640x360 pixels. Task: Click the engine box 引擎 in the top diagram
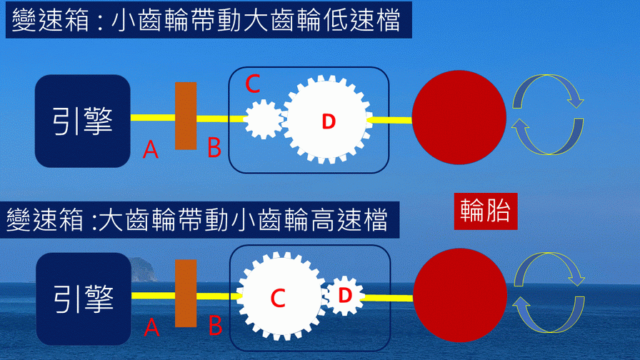[83, 121]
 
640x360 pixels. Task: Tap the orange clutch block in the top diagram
[186, 116]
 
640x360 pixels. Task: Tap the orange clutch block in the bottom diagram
[186, 294]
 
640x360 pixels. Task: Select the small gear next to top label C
[263, 119]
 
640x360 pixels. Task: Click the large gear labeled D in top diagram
[327, 121]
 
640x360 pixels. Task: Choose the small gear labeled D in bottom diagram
[346, 295]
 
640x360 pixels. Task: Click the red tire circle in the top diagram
[459, 119]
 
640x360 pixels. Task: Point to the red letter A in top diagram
[150, 149]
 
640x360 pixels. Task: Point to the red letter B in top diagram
[214, 148]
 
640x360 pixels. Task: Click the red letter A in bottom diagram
[151, 327]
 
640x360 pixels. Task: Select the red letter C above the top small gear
[252, 84]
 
